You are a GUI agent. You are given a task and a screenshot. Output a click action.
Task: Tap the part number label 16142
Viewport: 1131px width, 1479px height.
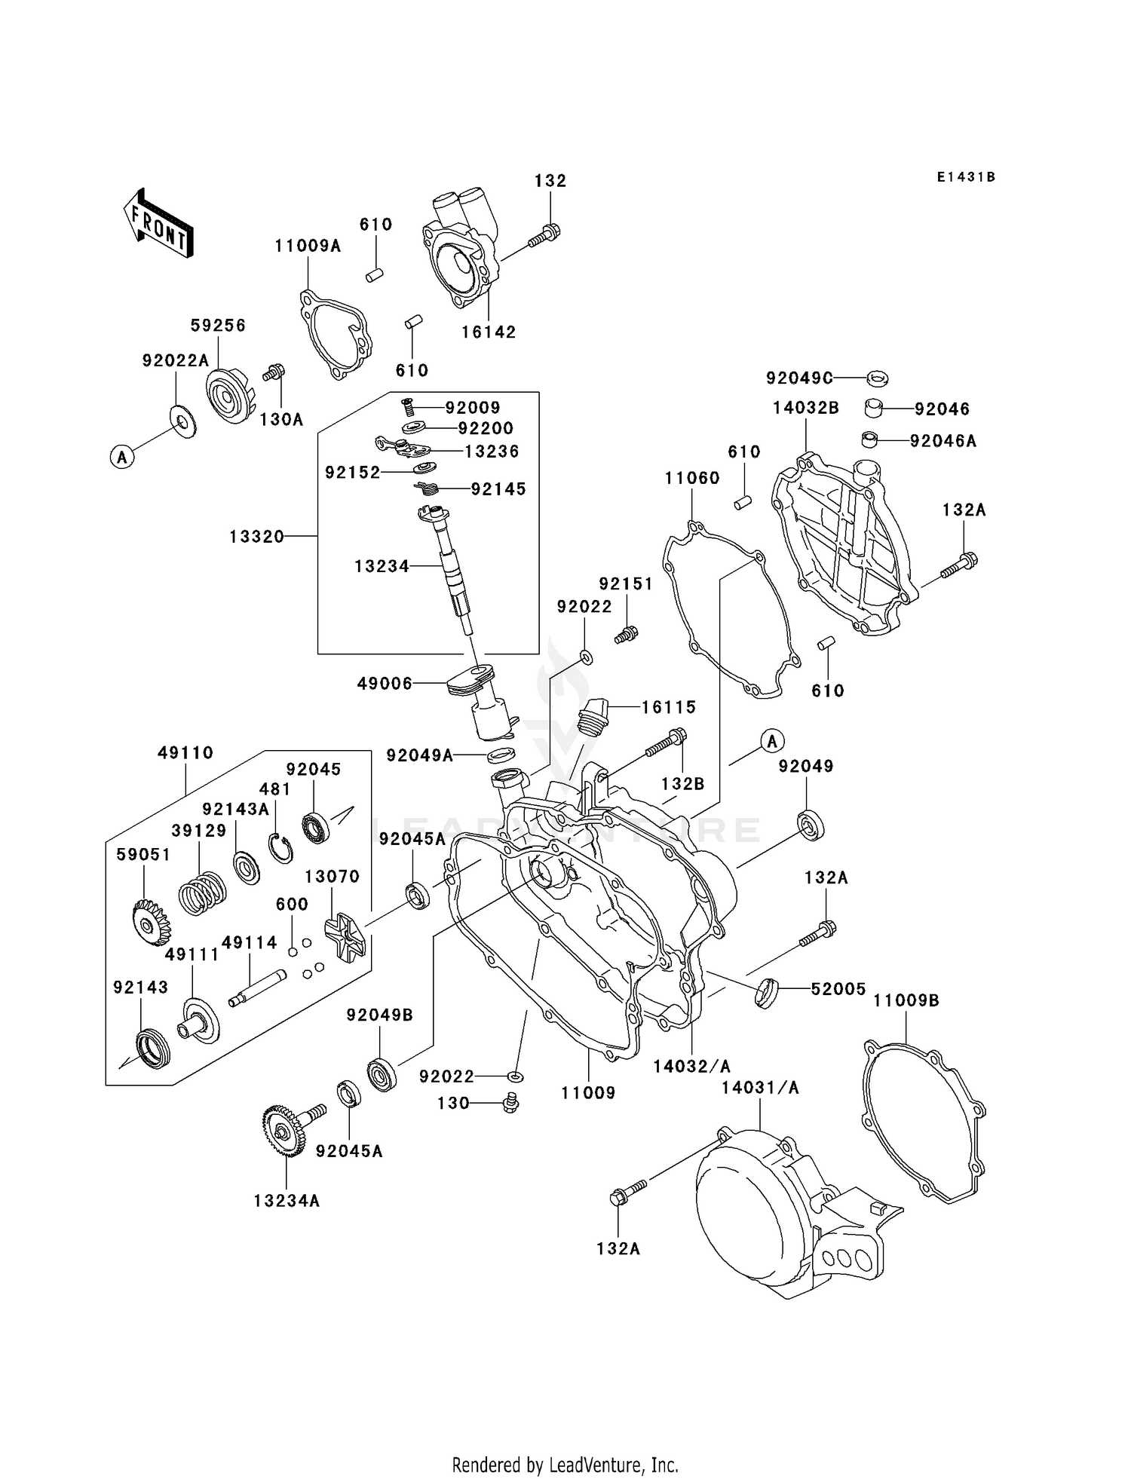tap(489, 332)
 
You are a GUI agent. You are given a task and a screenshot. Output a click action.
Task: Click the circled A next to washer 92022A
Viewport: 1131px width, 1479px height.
tap(122, 456)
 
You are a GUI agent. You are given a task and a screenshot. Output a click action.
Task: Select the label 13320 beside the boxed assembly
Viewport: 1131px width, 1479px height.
tap(257, 537)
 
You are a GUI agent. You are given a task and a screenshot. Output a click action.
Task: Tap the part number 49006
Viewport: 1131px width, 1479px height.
tap(385, 684)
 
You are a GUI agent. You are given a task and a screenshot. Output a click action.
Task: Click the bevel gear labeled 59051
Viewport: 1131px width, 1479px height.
tap(150, 922)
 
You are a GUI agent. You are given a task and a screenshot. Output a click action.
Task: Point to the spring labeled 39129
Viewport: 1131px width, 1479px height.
tap(202, 894)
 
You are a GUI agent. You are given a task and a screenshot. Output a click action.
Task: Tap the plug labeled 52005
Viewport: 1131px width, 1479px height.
tap(765, 992)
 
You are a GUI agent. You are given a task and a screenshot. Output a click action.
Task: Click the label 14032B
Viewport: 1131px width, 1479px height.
tap(806, 409)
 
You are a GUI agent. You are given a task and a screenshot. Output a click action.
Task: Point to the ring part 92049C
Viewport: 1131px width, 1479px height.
tap(877, 378)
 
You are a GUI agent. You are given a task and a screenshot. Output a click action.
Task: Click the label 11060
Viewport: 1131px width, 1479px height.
tap(692, 478)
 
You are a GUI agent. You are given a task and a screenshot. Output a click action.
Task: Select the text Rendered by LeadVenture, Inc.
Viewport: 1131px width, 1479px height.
tap(565, 1464)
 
